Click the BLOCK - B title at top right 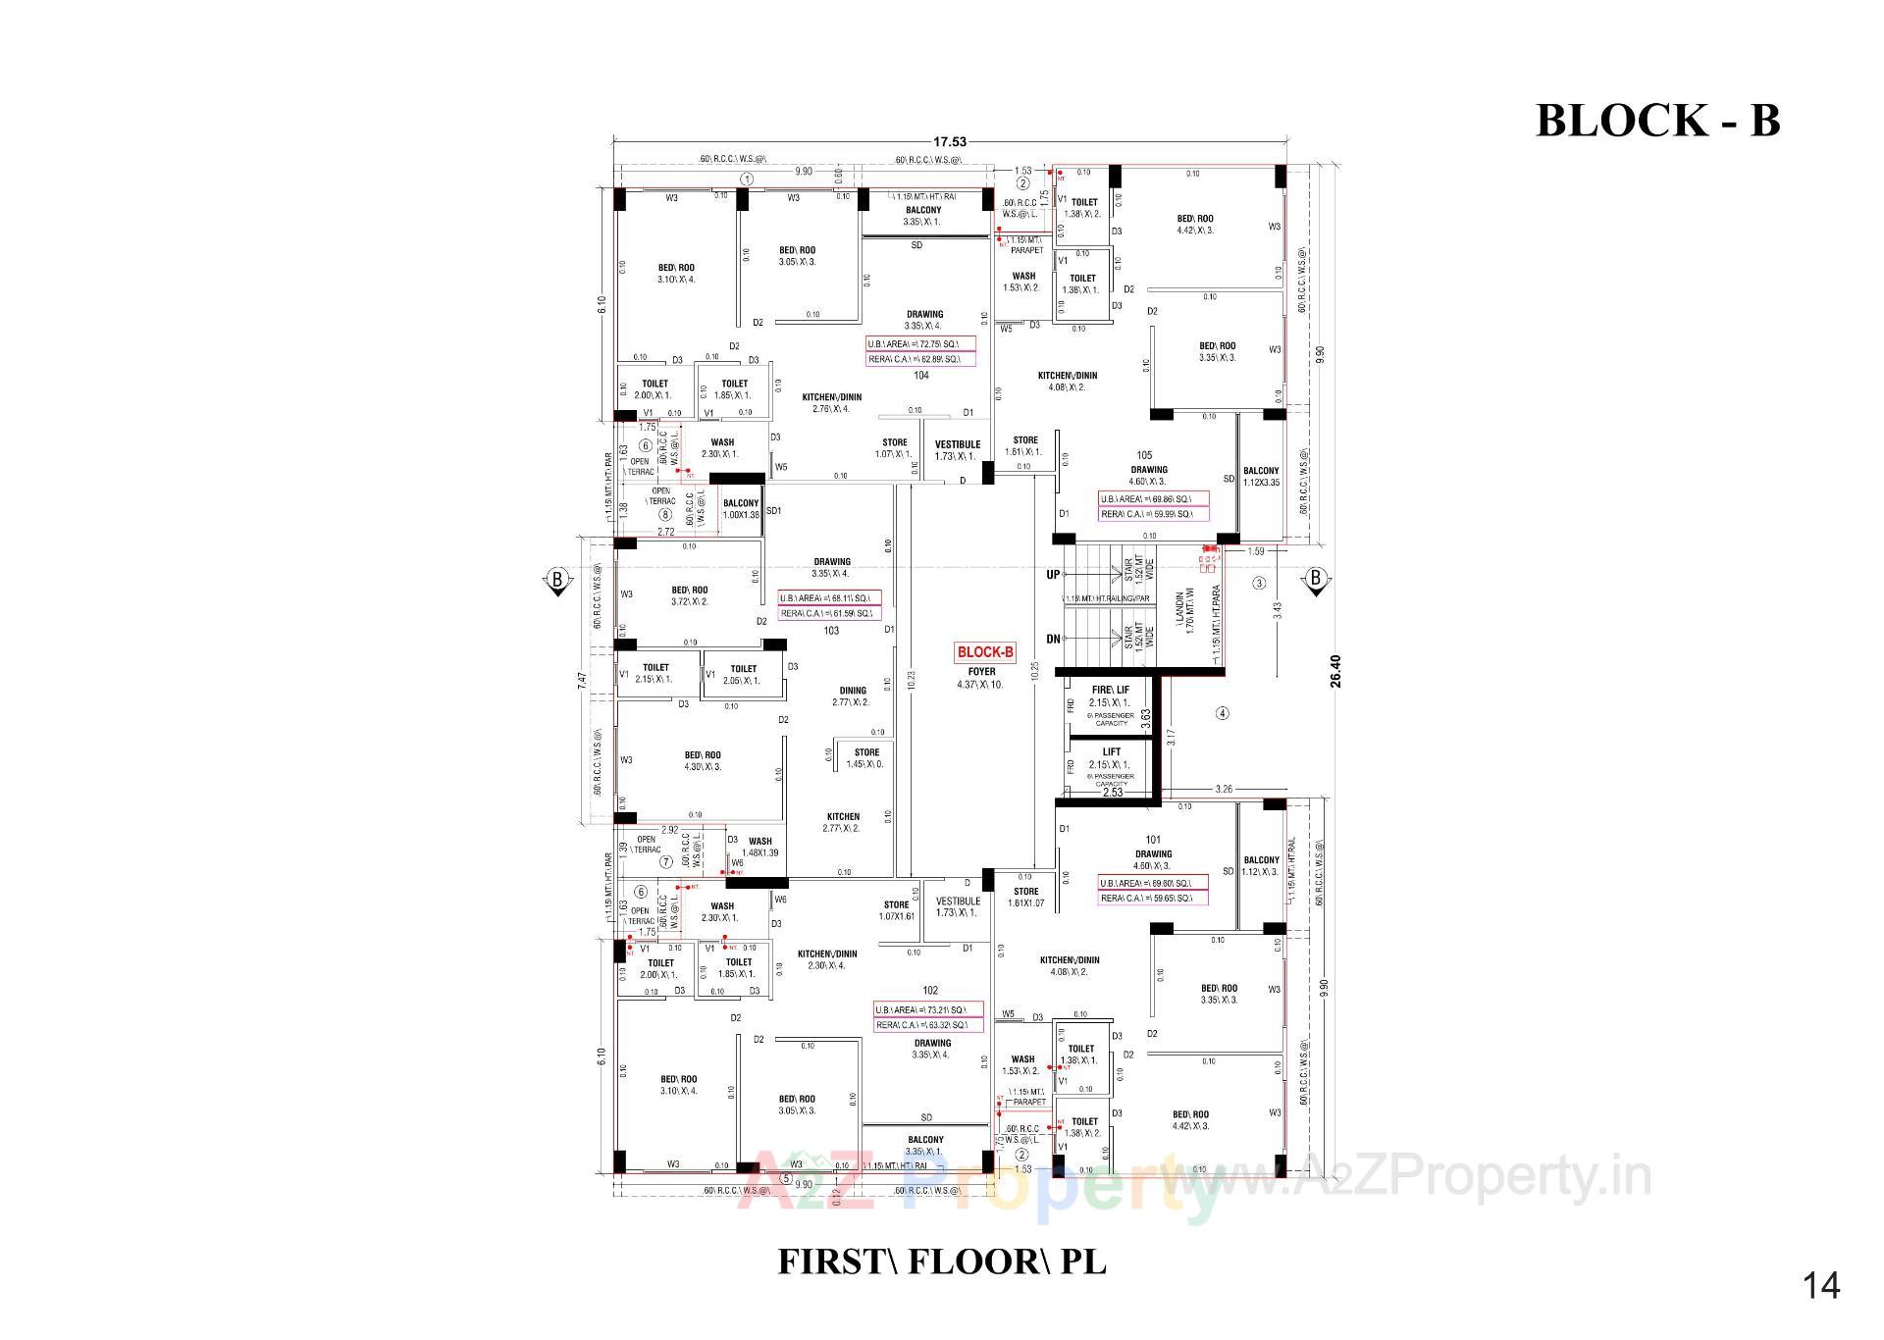point(1656,121)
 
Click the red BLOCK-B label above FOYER point(985,652)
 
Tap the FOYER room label point(981,672)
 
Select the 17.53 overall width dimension point(951,142)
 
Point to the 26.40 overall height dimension point(1335,671)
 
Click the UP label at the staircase point(1053,575)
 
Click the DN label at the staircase point(1053,640)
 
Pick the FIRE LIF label point(1110,691)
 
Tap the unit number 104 point(920,376)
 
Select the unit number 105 point(1144,455)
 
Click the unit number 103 point(831,631)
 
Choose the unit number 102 point(930,991)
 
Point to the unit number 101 point(1153,840)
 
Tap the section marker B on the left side point(557,580)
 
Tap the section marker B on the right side point(1316,579)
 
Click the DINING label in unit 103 point(852,691)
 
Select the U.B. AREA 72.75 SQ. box point(920,344)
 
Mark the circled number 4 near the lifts point(1222,713)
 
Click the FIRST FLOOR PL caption point(941,1262)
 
